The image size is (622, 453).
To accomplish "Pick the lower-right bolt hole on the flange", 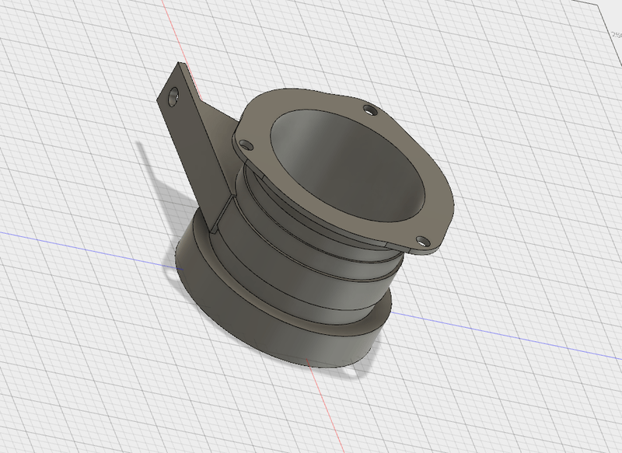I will click(x=421, y=240).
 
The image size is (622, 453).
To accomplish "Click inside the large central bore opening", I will click(x=342, y=171).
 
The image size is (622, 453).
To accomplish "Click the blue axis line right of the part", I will click(x=505, y=329).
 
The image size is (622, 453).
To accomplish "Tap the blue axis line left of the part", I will click(x=78, y=241).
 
